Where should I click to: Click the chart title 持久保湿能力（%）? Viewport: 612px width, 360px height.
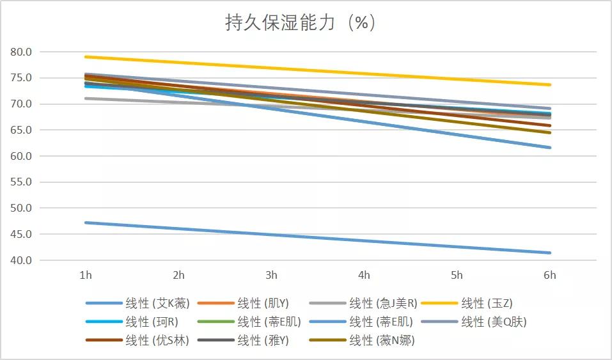[x=301, y=23]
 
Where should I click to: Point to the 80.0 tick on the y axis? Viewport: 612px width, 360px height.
[x=23, y=52]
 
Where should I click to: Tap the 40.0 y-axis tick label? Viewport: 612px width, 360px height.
[x=23, y=260]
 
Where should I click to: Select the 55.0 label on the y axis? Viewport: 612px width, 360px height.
[x=23, y=182]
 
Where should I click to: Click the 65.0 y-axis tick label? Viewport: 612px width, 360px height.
[x=23, y=130]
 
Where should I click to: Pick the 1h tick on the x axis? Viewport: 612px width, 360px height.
[x=86, y=276]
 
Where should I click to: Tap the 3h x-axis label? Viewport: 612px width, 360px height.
[x=271, y=276]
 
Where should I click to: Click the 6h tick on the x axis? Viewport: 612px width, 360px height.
[x=549, y=276]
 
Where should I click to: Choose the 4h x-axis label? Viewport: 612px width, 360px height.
[x=364, y=276]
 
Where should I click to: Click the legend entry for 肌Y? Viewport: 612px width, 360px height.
[x=263, y=303]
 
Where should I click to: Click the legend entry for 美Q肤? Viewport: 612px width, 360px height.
[x=494, y=322]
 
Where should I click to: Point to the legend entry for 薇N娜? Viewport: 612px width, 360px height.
[x=382, y=340]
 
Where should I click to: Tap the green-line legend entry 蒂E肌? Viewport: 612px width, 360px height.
[x=269, y=322]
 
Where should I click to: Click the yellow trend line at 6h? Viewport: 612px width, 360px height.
[x=549, y=84]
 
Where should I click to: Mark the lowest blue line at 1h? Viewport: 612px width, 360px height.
[x=86, y=223]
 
